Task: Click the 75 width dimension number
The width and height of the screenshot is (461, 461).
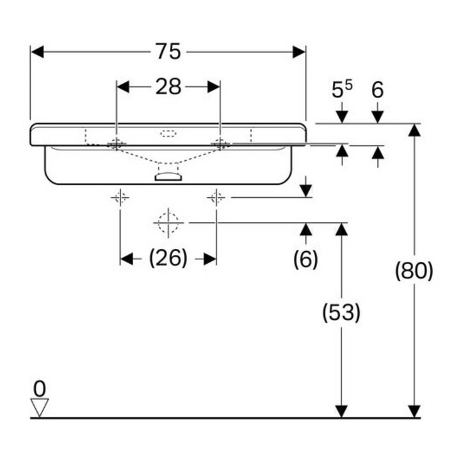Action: [x=168, y=51]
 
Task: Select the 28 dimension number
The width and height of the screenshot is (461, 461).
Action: [x=168, y=86]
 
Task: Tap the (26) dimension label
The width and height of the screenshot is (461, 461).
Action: [x=168, y=259]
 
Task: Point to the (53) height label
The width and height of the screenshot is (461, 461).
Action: [x=341, y=312]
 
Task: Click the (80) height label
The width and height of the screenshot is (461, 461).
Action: [x=414, y=270]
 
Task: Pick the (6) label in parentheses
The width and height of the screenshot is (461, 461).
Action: [x=306, y=259]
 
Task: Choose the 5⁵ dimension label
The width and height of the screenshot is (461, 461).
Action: [x=342, y=89]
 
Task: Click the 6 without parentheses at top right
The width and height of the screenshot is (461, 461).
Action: [x=378, y=90]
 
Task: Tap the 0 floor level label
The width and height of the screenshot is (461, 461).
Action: [x=40, y=389]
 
